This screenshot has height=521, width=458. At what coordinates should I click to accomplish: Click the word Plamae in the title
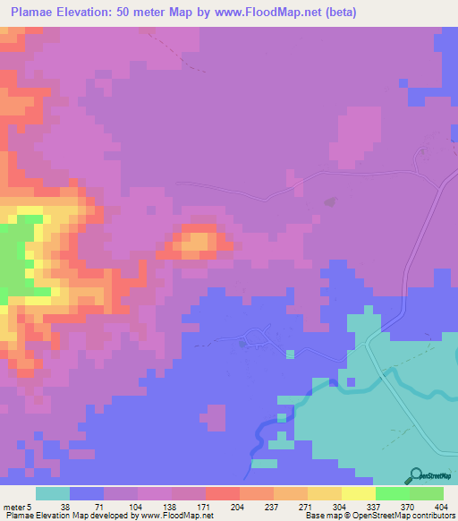(x=37, y=12)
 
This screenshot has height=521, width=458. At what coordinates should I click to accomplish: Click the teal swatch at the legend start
(x=53, y=493)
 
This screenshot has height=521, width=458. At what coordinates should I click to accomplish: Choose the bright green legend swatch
(x=393, y=493)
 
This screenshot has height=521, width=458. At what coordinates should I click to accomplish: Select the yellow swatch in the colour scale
(x=359, y=493)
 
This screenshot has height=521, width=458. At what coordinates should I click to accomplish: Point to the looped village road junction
(x=256, y=337)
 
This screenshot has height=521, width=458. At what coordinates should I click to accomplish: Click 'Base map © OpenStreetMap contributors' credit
(x=379, y=515)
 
